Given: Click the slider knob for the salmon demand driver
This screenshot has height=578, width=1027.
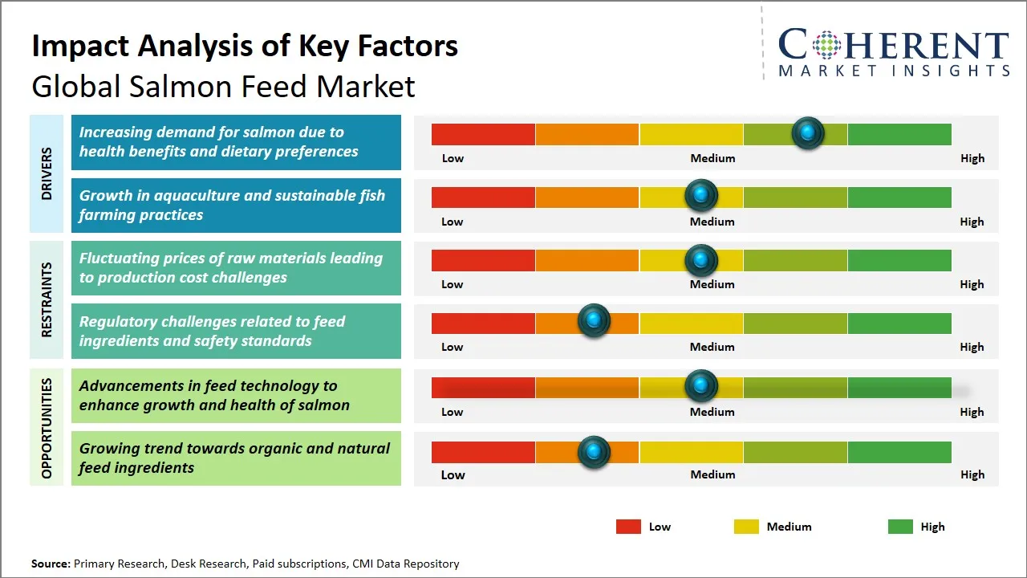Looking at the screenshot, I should (x=808, y=133).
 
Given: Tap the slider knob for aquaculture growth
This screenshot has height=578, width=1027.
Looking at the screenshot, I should (x=701, y=196).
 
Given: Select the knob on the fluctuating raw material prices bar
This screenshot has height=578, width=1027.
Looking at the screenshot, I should (x=701, y=259).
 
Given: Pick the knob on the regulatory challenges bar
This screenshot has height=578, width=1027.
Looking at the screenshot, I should (x=594, y=321).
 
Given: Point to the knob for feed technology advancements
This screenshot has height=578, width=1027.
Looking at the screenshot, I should (x=701, y=386).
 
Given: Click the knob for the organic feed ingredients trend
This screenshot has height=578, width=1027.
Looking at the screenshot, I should (x=594, y=452).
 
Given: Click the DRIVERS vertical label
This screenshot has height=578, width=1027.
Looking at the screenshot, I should (x=46, y=173).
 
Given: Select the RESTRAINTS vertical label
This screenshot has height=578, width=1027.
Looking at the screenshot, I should (x=46, y=299).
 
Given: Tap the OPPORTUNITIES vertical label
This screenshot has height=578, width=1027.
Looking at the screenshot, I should (x=46, y=428).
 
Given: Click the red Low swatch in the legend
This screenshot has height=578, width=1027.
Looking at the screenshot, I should (x=628, y=527).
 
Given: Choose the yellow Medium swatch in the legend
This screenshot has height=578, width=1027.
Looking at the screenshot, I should (x=746, y=527).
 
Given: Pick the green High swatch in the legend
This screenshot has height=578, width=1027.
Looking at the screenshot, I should (x=900, y=527).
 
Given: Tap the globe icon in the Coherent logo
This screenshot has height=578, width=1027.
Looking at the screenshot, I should (x=826, y=45).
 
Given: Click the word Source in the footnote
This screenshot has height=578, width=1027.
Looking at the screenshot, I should (x=51, y=564).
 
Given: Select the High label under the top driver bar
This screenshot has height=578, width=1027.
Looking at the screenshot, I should (x=972, y=158).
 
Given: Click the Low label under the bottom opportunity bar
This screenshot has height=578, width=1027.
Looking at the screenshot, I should (x=453, y=474).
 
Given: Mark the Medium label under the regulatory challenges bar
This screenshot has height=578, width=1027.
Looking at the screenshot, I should (x=712, y=347).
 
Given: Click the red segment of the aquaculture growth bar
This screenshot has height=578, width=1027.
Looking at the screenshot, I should (x=483, y=197).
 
